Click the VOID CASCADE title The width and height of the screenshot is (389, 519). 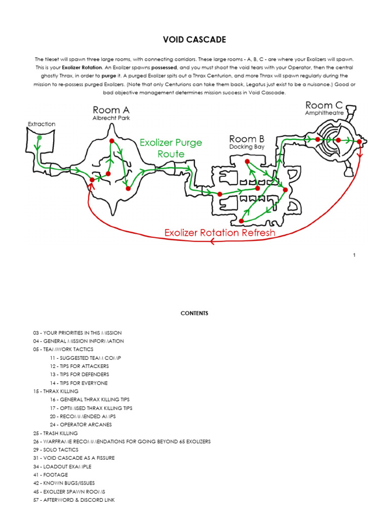coord(194,40)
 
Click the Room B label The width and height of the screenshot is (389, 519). coord(247,139)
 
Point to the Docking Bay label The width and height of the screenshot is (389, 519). coord(247,147)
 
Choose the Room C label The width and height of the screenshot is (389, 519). coord(324,105)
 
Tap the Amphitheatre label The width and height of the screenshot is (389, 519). coord(324,114)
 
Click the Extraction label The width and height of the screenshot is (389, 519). coord(42,124)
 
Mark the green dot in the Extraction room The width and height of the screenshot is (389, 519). coord(40,137)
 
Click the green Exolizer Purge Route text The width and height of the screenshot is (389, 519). coord(170,148)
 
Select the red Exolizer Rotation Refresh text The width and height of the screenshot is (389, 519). coord(220,233)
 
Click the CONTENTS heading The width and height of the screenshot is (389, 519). coord(194,314)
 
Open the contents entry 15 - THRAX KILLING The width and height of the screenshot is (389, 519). coord(56,391)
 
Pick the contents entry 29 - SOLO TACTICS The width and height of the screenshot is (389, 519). coord(56,450)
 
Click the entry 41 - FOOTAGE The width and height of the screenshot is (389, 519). coord(50,475)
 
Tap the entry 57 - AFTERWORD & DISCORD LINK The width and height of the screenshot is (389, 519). coord(74,500)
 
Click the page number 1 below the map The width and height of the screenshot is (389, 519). coord(355,255)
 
